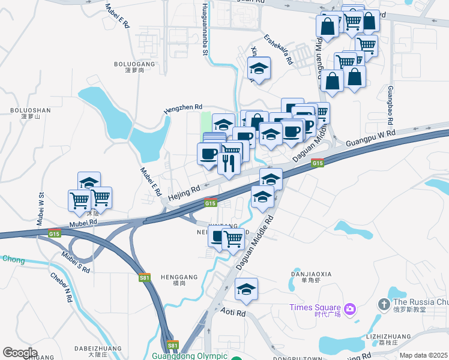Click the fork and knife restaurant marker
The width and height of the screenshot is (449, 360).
pos(228,163)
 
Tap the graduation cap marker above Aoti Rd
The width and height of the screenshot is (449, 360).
pos(246,290)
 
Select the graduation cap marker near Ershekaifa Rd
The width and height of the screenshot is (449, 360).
pos(259,68)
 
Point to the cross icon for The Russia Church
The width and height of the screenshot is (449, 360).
pos(384,304)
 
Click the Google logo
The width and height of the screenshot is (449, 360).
pos(20,353)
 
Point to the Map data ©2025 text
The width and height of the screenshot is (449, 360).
pos(423,355)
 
